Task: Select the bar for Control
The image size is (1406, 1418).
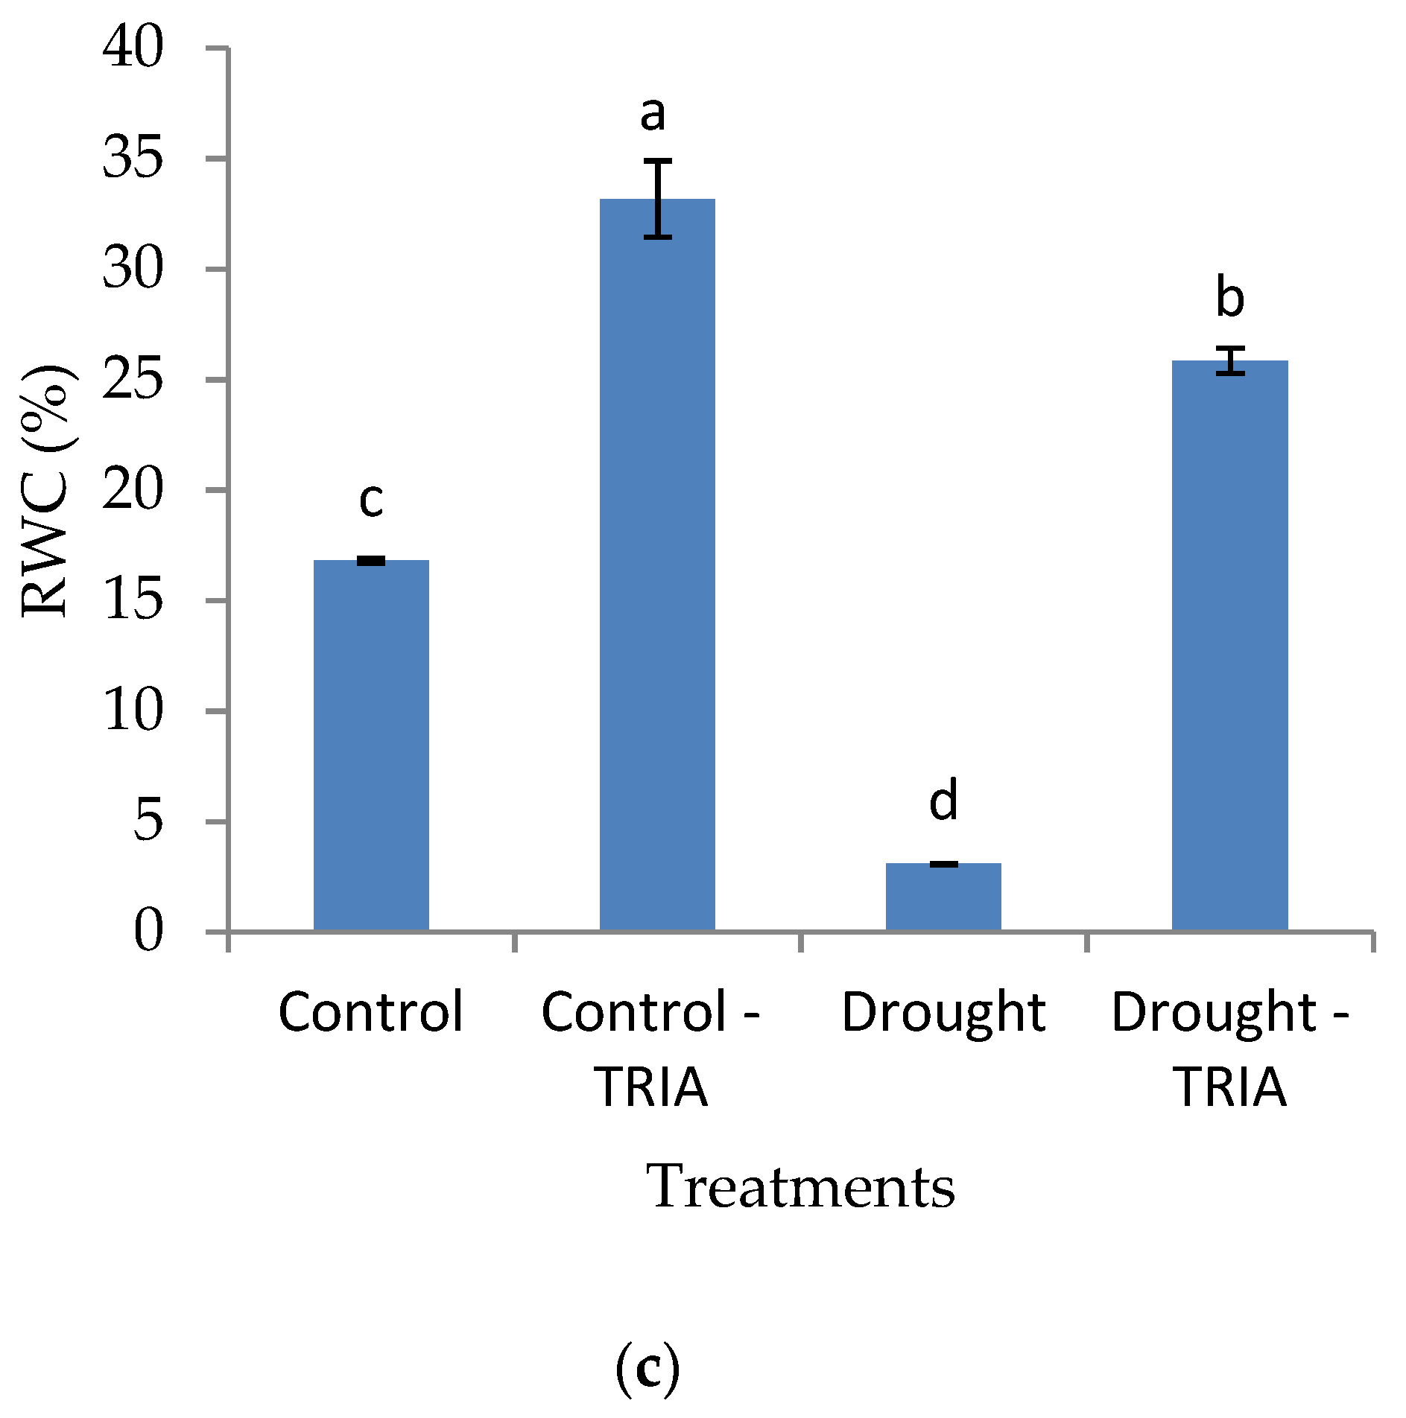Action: click(371, 745)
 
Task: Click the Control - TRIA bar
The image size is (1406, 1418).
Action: click(657, 566)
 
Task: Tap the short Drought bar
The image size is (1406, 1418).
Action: click(943, 897)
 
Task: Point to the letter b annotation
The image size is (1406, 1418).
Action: click(1229, 297)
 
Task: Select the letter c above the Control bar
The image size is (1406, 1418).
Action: click(371, 500)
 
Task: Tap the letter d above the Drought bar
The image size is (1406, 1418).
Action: click(943, 801)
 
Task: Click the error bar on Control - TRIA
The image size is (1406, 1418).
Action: click(658, 199)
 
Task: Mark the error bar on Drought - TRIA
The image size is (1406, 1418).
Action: click(1230, 360)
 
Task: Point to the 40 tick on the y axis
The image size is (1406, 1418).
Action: click(133, 48)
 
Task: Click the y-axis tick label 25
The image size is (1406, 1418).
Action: click(133, 380)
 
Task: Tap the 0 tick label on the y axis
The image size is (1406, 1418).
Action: click(148, 932)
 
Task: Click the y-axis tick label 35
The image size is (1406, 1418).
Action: click(133, 159)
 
